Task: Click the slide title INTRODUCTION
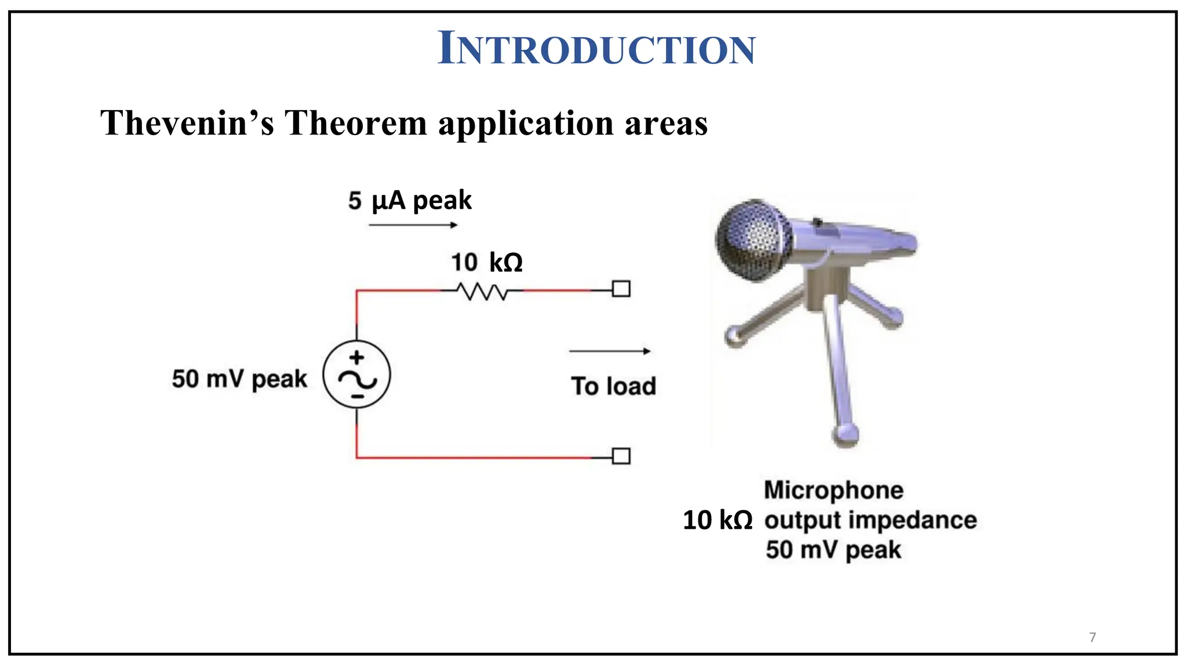[596, 48]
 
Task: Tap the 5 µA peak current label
[410, 201]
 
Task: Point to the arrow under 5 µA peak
[413, 225]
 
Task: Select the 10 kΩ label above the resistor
[487, 262]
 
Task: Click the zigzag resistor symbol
[482, 291]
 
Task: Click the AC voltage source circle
[356, 375]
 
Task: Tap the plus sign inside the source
[357, 357]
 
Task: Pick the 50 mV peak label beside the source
[239, 379]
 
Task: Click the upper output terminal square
[621, 289]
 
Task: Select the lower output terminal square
[621, 456]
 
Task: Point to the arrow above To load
[610, 351]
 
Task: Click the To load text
[613, 386]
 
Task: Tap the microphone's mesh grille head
[751, 240]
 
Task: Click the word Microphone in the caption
[833, 491]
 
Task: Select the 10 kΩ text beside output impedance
[718, 520]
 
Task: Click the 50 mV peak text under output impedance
[833, 550]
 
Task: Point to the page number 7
[1093, 637]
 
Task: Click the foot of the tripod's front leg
[846, 435]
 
